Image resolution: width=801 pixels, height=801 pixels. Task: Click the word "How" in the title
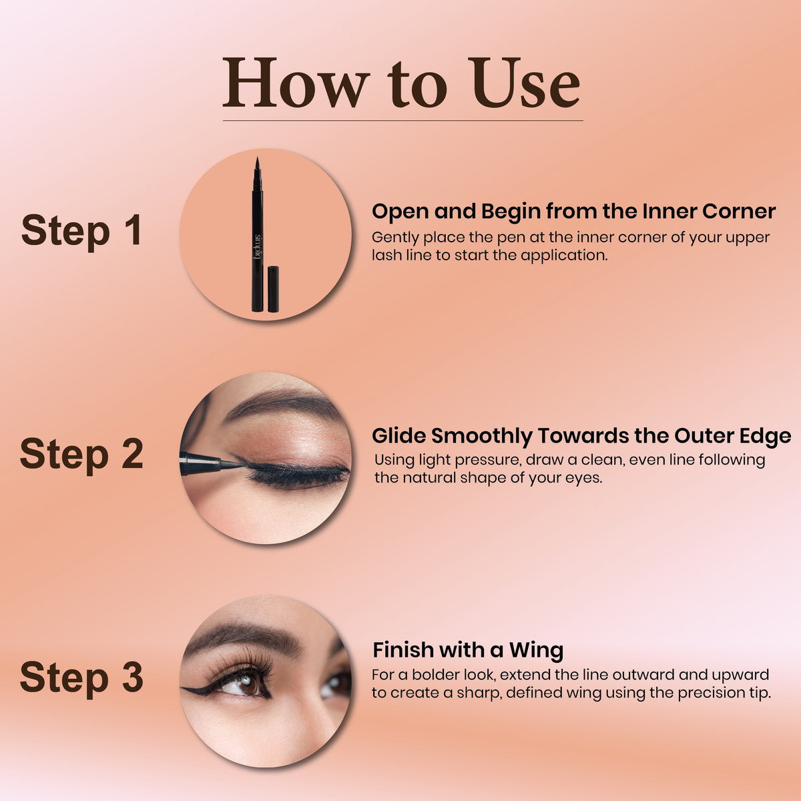tap(296, 83)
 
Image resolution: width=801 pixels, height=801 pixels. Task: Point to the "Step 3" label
tap(81, 678)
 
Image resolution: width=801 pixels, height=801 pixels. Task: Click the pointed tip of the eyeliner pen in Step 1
tap(257, 158)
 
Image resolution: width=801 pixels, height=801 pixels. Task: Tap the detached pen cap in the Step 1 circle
tap(273, 289)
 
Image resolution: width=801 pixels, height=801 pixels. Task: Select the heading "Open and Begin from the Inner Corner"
tap(573, 211)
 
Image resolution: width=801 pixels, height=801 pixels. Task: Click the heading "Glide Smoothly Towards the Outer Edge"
tap(581, 436)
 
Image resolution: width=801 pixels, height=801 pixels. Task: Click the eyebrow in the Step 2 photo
tap(282, 403)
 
